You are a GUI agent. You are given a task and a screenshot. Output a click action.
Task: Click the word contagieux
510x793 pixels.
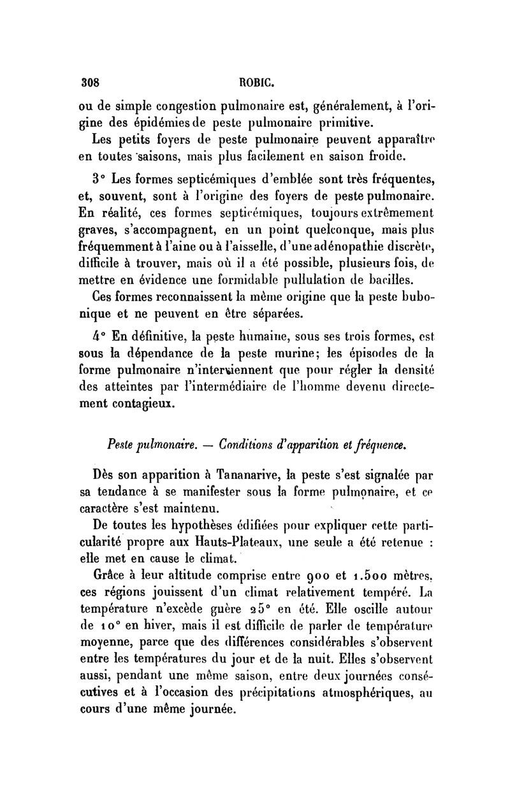coord(135,404)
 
